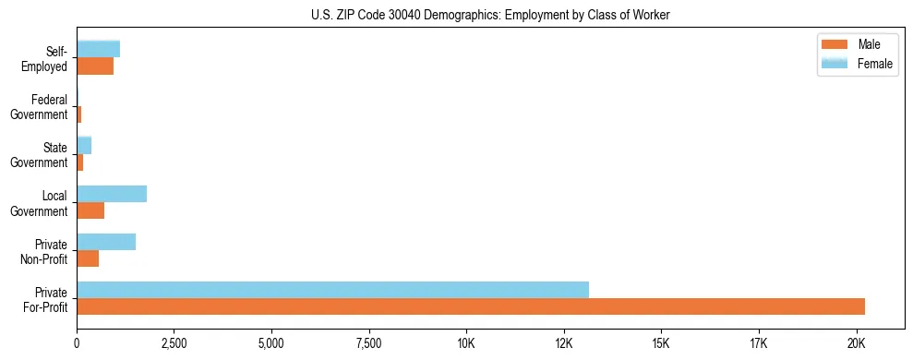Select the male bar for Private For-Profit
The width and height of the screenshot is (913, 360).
click(x=471, y=306)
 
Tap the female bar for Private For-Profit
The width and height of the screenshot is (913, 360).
click(x=332, y=290)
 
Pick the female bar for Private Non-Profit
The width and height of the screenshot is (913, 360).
click(x=106, y=242)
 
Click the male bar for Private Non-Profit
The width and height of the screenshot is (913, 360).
click(x=88, y=258)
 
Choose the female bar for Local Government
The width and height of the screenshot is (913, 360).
click(x=112, y=194)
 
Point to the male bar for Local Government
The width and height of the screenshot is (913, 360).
click(x=90, y=210)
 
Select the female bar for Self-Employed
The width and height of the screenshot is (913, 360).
click(x=98, y=49)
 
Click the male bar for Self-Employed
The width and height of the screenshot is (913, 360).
click(x=95, y=66)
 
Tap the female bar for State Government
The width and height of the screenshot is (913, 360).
click(x=84, y=146)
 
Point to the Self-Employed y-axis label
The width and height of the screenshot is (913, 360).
click(x=51, y=58)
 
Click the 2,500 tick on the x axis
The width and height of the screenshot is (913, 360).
click(x=174, y=343)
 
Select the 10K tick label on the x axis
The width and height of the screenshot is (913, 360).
click(x=466, y=343)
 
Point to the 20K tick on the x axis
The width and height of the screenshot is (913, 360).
click(x=856, y=343)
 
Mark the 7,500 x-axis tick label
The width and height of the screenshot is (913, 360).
click(x=369, y=343)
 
